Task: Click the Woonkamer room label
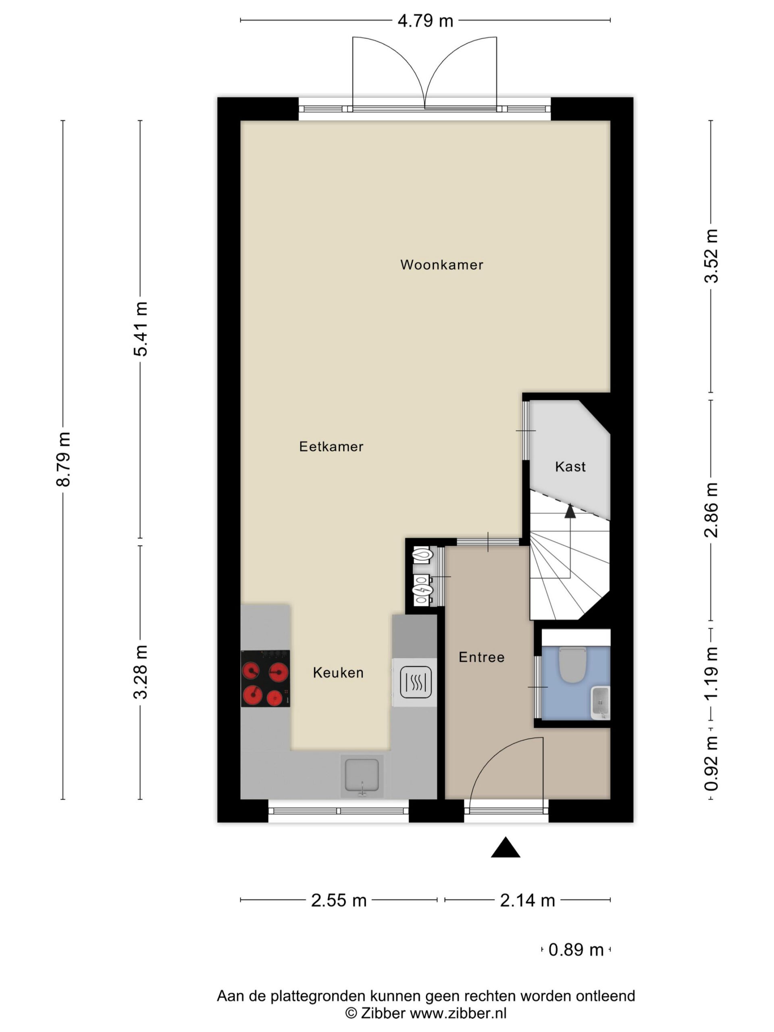tap(441, 265)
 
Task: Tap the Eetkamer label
tap(331, 447)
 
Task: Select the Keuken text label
tap(338, 673)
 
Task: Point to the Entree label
tap(481, 657)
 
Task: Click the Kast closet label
tap(570, 466)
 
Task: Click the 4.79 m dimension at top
tap(425, 21)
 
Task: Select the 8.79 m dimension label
tap(63, 460)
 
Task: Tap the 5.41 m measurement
tap(140, 329)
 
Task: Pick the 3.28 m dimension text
tap(140, 672)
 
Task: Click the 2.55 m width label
tap(339, 901)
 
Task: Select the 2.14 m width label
tap(528, 901)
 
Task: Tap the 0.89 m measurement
tap(576, 950)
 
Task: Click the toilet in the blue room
tap(572, 664)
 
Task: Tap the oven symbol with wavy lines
tap(415, 682)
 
